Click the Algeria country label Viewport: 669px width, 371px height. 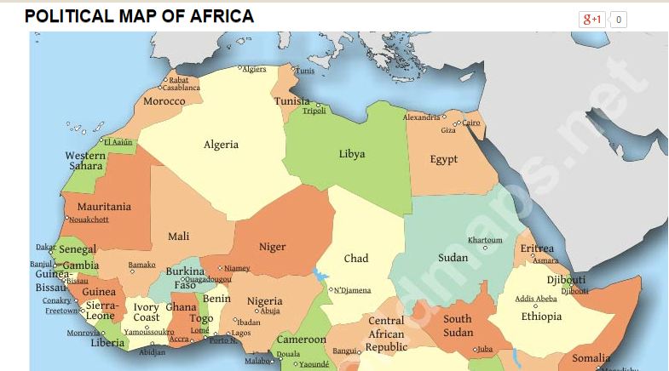[x=221, y=145]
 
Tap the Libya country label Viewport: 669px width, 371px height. [x=352, y=154]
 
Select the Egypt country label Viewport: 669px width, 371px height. [x=444, y=159]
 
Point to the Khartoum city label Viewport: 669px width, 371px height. [x=485, y=240]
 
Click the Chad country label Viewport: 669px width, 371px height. [x=356, y=258]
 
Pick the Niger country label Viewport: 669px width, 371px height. [x=273, y=247]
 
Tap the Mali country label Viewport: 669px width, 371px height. [x=179, y=237]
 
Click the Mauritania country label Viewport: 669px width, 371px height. [x=104, y=207]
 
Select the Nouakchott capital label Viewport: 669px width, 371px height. [x=89, y=220]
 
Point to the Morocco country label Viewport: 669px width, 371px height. [x=164, y=101]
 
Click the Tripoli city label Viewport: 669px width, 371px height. [x=314, y=111]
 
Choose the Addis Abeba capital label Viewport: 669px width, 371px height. [x=536, y=299]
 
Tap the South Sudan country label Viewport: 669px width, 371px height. [x=458, y=326]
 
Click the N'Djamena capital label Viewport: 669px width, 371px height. [x=352, y=291]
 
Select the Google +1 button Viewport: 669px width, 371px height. [x=592, y=19]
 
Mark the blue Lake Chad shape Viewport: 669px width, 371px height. [x=320, y=275]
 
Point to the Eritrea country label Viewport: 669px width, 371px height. [x=537, y=248]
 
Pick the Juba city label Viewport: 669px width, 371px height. [x=484, y=349]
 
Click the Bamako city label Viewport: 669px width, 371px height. [x=141, y=265]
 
